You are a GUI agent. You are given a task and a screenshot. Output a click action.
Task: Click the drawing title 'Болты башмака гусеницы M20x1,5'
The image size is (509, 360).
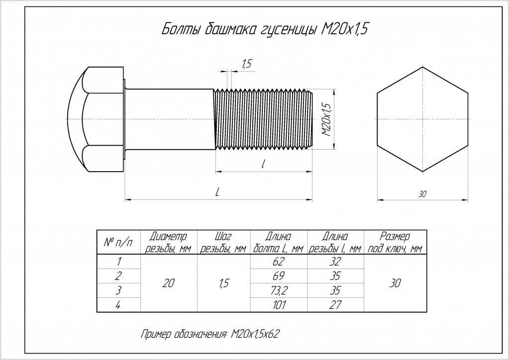265,29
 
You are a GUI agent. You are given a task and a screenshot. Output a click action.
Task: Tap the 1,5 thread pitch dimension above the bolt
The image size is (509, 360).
247,64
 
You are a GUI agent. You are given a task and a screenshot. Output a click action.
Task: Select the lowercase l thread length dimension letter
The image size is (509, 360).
263,164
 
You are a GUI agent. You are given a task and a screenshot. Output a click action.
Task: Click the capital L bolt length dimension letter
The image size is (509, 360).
218,192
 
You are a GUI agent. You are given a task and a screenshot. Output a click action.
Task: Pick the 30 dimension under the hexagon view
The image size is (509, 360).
422,194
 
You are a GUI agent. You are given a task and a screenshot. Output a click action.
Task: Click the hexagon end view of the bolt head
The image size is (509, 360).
422,119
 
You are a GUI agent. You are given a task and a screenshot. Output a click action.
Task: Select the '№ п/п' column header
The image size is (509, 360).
118,242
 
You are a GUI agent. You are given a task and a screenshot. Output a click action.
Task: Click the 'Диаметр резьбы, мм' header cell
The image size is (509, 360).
169,242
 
